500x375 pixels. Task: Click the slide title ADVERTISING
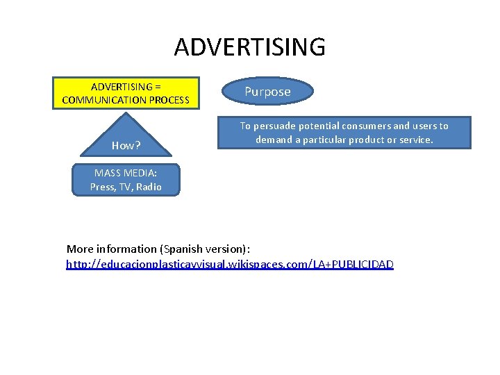point(249,47)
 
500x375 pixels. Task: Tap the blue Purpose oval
point(267,92)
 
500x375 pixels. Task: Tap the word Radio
point(149,187)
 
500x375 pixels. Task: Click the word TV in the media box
point(126,187)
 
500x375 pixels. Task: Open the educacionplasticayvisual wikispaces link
point(229,265)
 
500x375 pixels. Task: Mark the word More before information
point(81,249)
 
